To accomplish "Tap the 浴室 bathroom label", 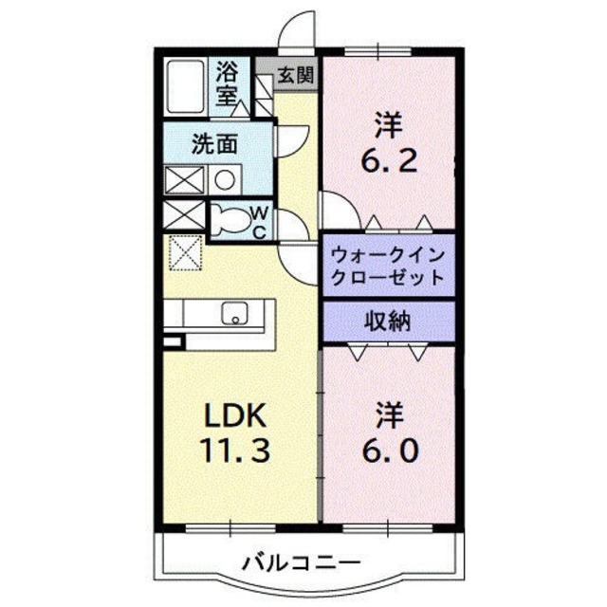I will [228, 83].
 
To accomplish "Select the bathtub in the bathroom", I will [184, 86].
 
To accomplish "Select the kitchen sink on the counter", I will [233, 314].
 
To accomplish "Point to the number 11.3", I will [237, 449].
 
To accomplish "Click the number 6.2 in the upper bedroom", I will [387, 162].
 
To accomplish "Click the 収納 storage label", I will [387, 321].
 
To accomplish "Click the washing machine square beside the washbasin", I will [182, 179].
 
